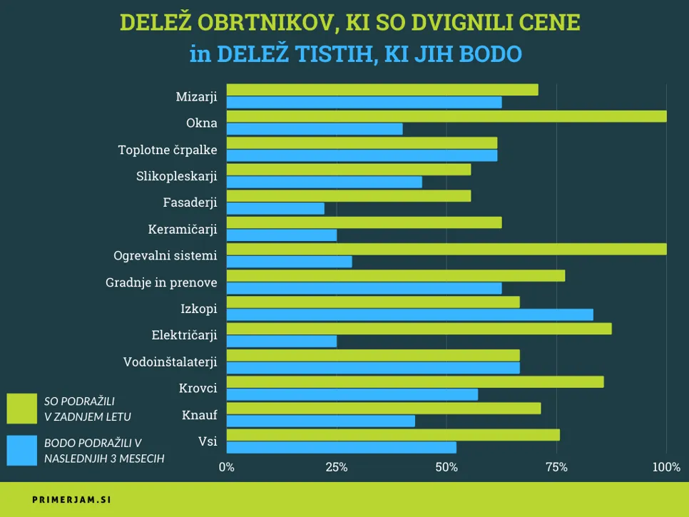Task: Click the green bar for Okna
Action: (x=446, y=116)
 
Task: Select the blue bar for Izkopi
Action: (x=410, y=314)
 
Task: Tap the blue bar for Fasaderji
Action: (x=275, y=208)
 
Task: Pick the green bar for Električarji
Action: (x=419, y=329)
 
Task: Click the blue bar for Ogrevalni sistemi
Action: (x=290, y=262)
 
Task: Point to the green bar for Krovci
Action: (x=415, y=382)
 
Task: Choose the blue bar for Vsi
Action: (x=342, y=447)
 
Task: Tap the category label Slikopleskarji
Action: (x=176, y=176)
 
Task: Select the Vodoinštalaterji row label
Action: (x=170, y=362)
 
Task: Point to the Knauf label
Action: (x=200, y=414)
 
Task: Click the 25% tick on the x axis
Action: (x=337, y=468)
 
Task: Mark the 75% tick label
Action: (x=556, y=468)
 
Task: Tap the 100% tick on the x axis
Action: (x=666, y=468)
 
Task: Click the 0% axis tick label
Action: (x=227, y=468)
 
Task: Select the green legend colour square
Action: (x=21, y=408)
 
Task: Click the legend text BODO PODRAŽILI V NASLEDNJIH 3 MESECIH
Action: (x=104, y=451)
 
